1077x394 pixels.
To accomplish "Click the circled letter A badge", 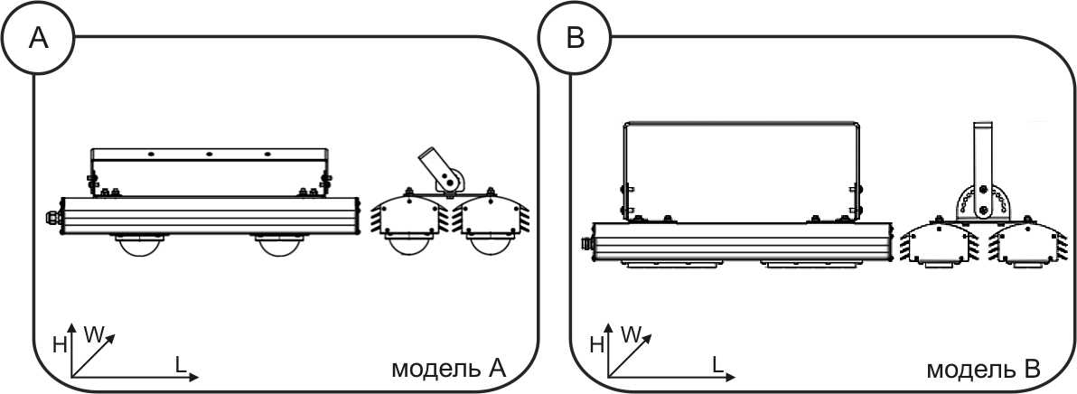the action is tap(39, 39).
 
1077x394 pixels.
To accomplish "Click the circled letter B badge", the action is tap(575, 39).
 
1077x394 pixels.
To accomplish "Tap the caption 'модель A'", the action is tap(448, 369).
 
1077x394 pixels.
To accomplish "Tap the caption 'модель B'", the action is tap(984, 369).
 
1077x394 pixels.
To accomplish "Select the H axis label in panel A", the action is tap(60, 345).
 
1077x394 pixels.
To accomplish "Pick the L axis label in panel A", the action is tap(181, 364).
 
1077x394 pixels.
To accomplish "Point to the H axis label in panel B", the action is tap(596, 345).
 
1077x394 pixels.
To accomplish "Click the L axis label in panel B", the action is tap(717, 364).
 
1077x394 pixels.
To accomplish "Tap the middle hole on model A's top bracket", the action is tap(210, 153).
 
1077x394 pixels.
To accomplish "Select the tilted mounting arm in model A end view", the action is tap(441, 170).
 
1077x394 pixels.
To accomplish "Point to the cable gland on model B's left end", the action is tap(587, 243).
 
